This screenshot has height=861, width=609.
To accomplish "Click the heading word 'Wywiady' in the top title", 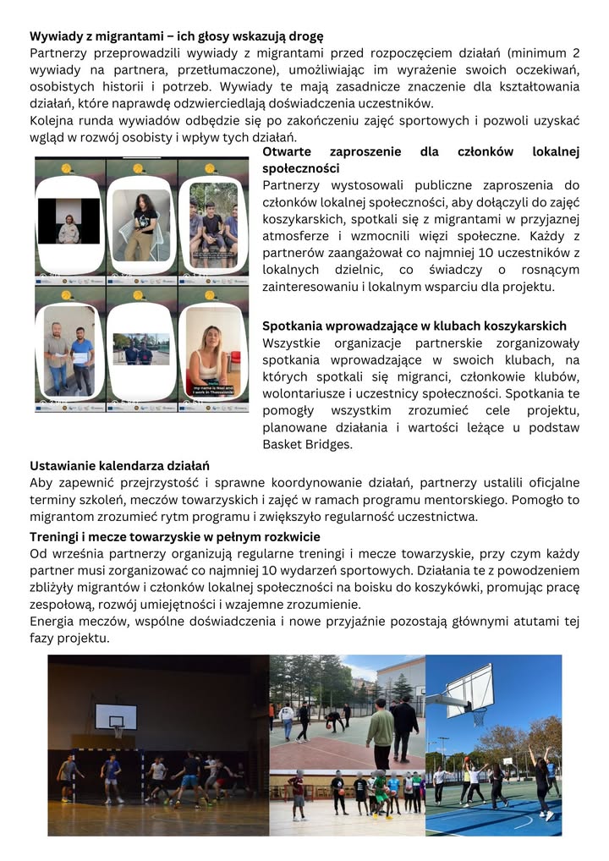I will [x=57, y=36].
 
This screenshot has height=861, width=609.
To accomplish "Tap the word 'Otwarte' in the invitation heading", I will [x=289, y=152].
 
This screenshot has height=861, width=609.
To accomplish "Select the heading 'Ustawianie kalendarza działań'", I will [x=119, y=466].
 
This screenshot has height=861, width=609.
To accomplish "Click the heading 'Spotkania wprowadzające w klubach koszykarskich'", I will [x=414, y=326].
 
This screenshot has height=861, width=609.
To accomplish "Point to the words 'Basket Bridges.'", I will [x=305, y=444].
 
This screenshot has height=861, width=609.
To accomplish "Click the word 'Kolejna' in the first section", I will [x=55, y=121].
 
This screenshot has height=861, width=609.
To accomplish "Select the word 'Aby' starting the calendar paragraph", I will [x=41, y=483].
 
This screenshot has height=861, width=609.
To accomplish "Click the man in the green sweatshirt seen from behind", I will [x=380, y=732].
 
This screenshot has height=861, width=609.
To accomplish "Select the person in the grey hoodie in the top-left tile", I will [x=69, y=228].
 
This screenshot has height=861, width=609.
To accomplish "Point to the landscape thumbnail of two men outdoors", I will [x=140, y=348].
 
